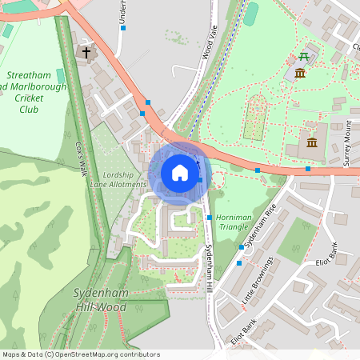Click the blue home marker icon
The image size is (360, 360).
click(180, 173)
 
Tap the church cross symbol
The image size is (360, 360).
click(86, 53)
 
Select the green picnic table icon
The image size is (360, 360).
click(303, 56)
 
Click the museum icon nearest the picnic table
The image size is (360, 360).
click(300, 74)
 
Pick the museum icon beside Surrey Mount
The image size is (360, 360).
click(311, 143)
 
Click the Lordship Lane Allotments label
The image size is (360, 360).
click(124, 180)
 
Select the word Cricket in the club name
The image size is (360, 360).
click(30, 98)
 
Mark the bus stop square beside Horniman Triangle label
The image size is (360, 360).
click(210, 218)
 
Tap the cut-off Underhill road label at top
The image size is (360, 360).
click(123, 12)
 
